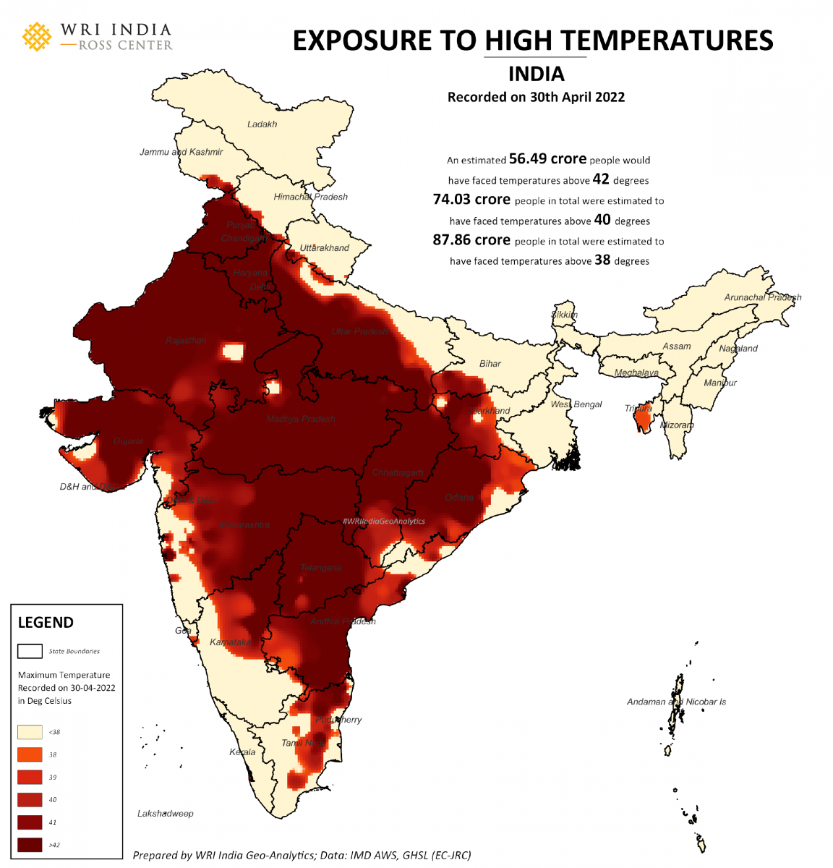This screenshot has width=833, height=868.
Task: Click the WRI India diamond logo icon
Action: (37, 37)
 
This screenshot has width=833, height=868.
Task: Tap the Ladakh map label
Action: (262, 124)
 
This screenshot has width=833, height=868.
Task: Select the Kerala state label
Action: (242, 752)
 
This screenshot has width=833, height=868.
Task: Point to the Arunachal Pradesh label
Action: (762, 297)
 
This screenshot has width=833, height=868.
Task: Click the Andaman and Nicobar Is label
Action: (676, 702)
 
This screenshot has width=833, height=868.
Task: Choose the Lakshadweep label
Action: (166, 814)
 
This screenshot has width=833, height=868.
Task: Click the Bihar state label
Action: (490, 364)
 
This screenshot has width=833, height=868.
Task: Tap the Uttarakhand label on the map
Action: (324, 248)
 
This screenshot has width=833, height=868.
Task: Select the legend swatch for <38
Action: (30, 732)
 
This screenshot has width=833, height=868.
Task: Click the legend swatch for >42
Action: (30, 845)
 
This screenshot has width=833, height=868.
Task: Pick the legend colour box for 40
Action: (30, 800)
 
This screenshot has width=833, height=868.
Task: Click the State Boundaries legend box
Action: (30, 651)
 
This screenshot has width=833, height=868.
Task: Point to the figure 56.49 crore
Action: (547, 159)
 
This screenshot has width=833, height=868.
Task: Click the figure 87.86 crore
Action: (471, 240)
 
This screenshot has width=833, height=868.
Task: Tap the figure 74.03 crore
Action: (471, 200)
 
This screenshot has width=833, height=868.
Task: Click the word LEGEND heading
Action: (46, 623)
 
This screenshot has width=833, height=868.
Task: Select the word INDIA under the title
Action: (536, 75)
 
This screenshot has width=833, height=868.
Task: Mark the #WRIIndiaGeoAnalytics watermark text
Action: (383, 521)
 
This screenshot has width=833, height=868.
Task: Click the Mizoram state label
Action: (677, 425)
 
